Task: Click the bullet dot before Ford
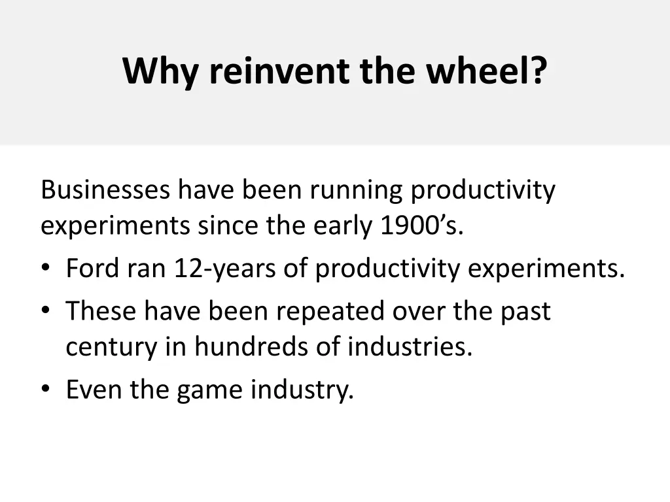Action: pos(45,269)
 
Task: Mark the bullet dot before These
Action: pos(45,311)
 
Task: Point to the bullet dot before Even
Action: pos(45,390)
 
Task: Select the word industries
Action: pos(409,346)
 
